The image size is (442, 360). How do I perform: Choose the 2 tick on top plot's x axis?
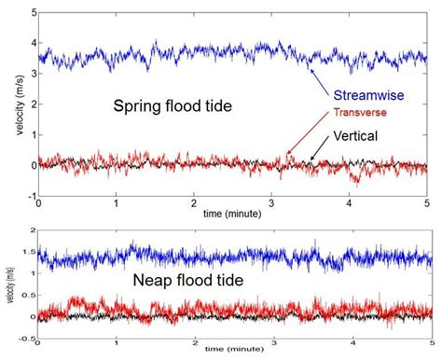click(x=193, y=204)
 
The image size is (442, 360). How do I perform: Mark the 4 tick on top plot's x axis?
click(x=348, y=204)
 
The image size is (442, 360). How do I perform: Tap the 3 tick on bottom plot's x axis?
click(x=270, y=345)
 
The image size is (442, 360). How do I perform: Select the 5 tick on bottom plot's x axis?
click(x=425, y=345)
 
